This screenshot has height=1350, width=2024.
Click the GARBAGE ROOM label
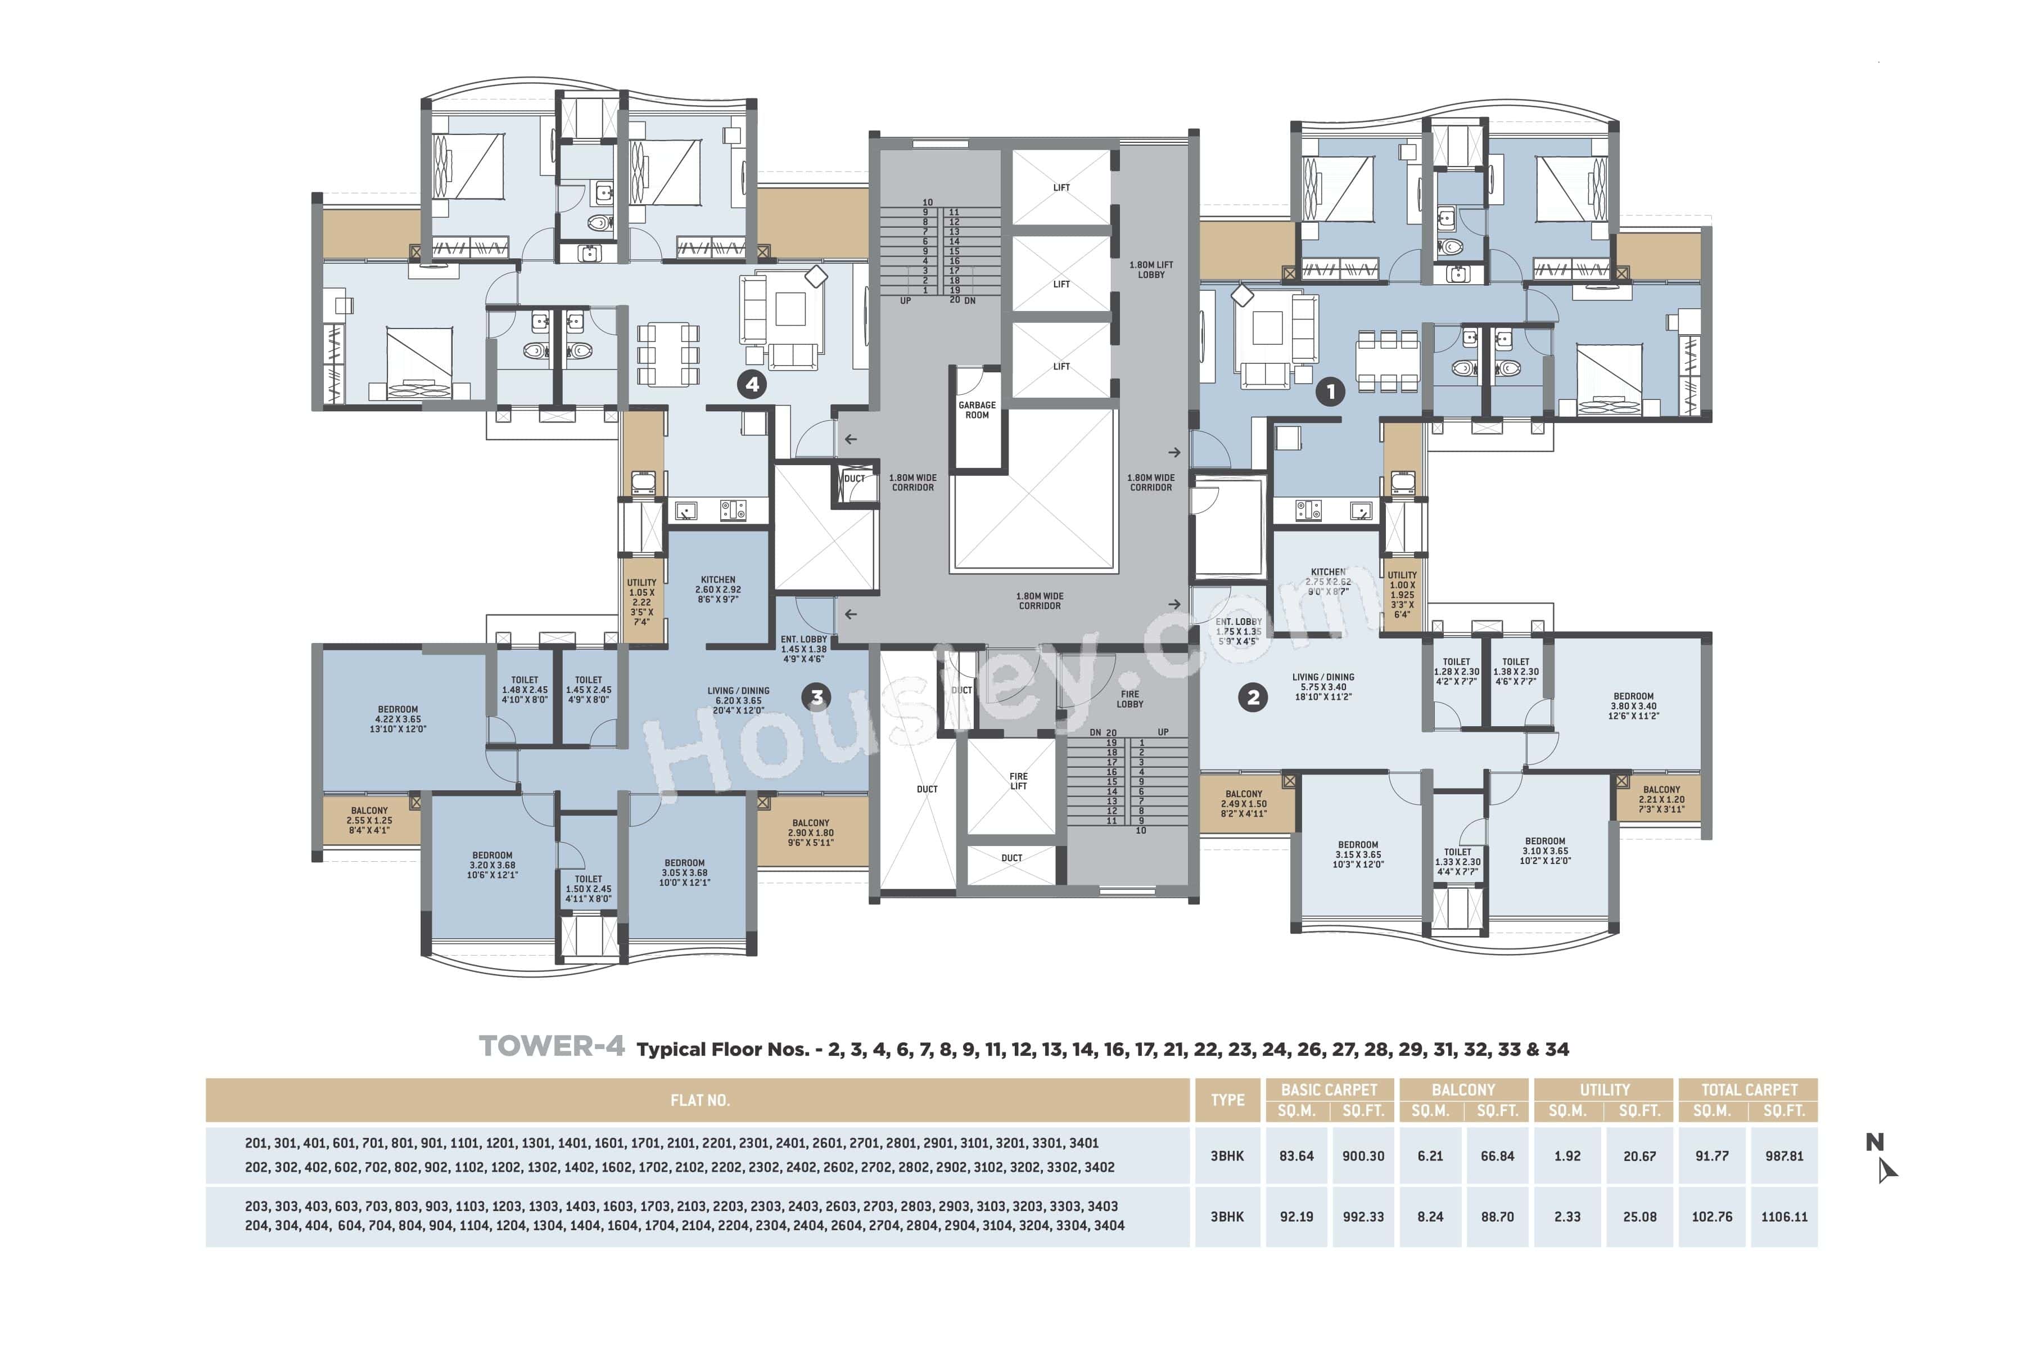[x=977, y=410]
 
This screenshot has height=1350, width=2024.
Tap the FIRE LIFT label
[x=1018, y=781]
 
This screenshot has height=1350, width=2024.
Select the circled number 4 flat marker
[x=752, y=384]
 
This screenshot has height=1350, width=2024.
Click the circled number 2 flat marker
[x=1253, y=697]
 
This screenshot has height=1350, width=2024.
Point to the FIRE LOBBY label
[x=1130, y=699]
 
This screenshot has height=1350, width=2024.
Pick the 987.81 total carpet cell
[x=1784, y=1156]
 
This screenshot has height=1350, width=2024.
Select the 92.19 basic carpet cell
[x=1296, y=1217]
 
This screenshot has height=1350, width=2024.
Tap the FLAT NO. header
[x=699, y=1100]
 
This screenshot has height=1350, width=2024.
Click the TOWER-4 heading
[x=552, y=1047]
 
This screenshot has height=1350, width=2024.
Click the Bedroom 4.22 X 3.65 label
[x=397, y=719]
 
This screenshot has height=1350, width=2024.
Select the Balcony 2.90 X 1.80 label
[x=811, y=832]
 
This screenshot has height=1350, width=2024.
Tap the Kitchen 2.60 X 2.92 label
[x=718, y=589]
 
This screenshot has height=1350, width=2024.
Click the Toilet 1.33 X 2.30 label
[x=1458, y=861]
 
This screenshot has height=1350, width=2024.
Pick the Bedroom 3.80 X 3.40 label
[x=1633, y=706]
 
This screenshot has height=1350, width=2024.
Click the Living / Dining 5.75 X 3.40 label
[x=1323, y=687]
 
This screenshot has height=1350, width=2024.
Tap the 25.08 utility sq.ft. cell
[x=1639, y=1217]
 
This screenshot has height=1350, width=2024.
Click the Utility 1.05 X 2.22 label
[x=641, y=602]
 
